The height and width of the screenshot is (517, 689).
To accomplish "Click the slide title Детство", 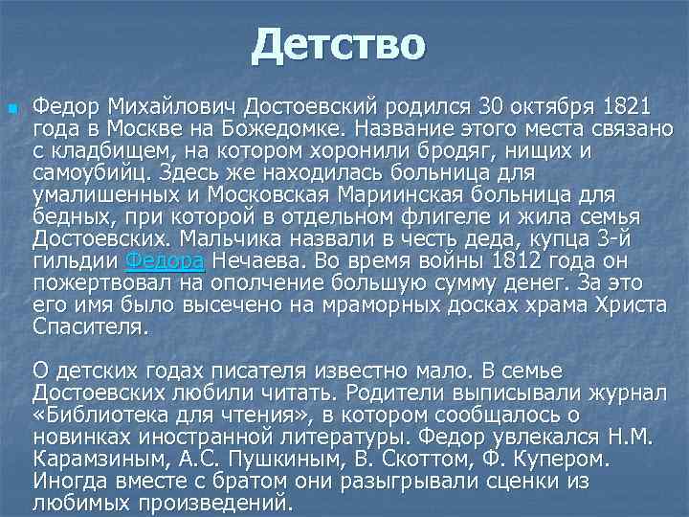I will (x=338, y=45).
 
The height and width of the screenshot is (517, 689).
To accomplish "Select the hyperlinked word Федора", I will (x=166, y=260).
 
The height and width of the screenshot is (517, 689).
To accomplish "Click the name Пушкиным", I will (x=305, y=459).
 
